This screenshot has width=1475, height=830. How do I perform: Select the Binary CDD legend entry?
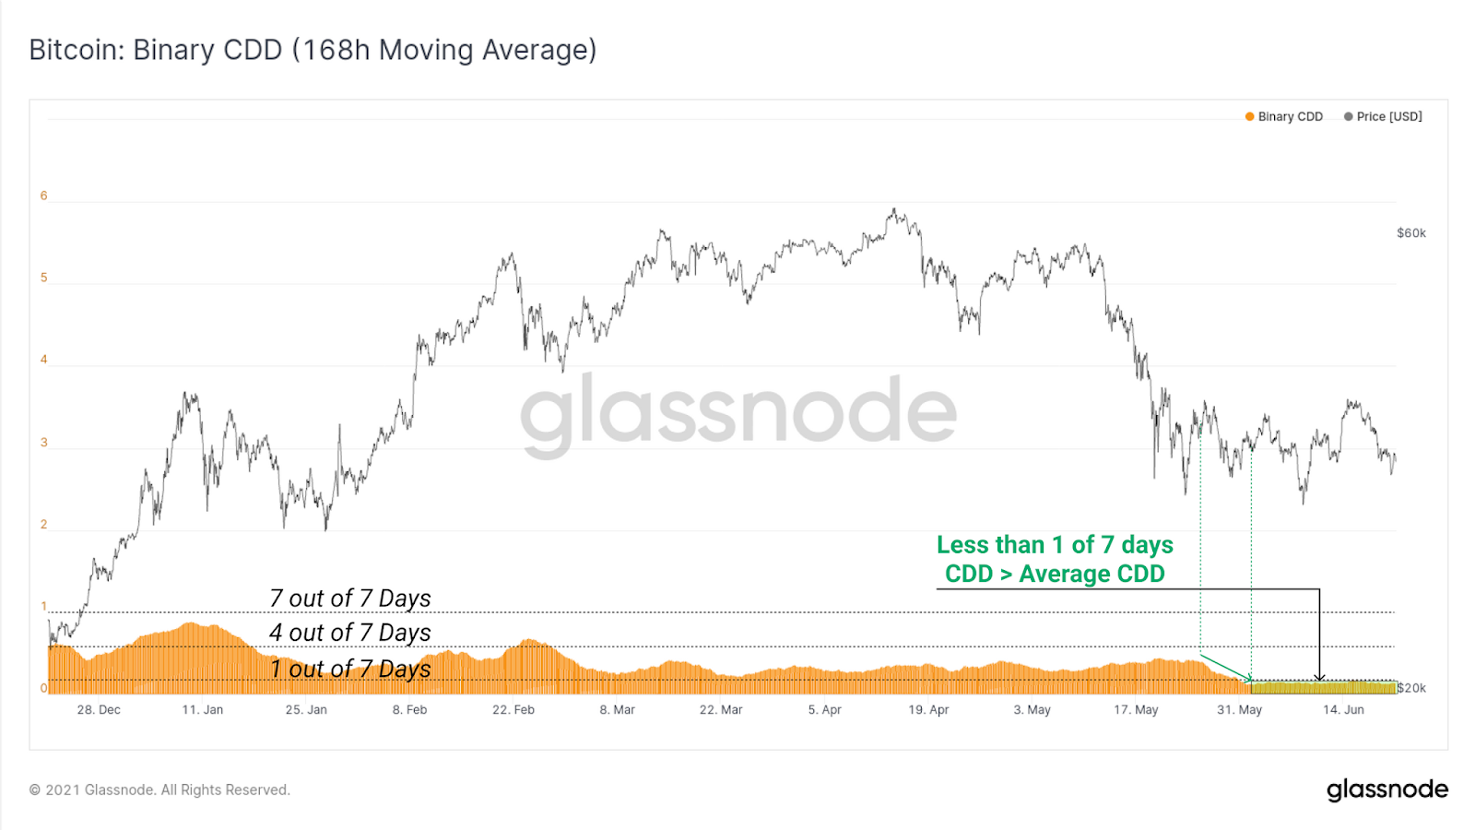click(1283, 117)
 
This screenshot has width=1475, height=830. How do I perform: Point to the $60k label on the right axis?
click(1410, 233)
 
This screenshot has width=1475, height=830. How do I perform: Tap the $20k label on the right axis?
click(1411, 688)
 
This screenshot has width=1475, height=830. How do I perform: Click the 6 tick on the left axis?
click(43, 196)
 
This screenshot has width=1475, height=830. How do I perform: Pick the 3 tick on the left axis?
click(43, 443)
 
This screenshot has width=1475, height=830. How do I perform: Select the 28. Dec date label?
click(99, 710)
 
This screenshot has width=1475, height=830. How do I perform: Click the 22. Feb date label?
click(513, 710)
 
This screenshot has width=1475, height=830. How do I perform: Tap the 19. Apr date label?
click(928, 710)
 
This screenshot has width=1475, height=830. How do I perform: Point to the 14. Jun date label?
click(1343, 710)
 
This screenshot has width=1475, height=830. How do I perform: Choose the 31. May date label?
click(1239, 710)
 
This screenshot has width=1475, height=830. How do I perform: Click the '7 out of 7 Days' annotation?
click(350, 599)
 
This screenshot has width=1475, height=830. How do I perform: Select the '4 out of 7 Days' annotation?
click(350, 633)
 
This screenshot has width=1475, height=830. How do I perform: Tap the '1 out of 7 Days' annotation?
click(350, 669)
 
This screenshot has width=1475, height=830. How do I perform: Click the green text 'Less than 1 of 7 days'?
click(1055, 545)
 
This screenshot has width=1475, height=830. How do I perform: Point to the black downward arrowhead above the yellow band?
click(1319, 677)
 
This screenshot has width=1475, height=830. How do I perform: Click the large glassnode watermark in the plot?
click(738, 412)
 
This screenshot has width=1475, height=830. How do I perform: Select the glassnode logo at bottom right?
click(1386, 790)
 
